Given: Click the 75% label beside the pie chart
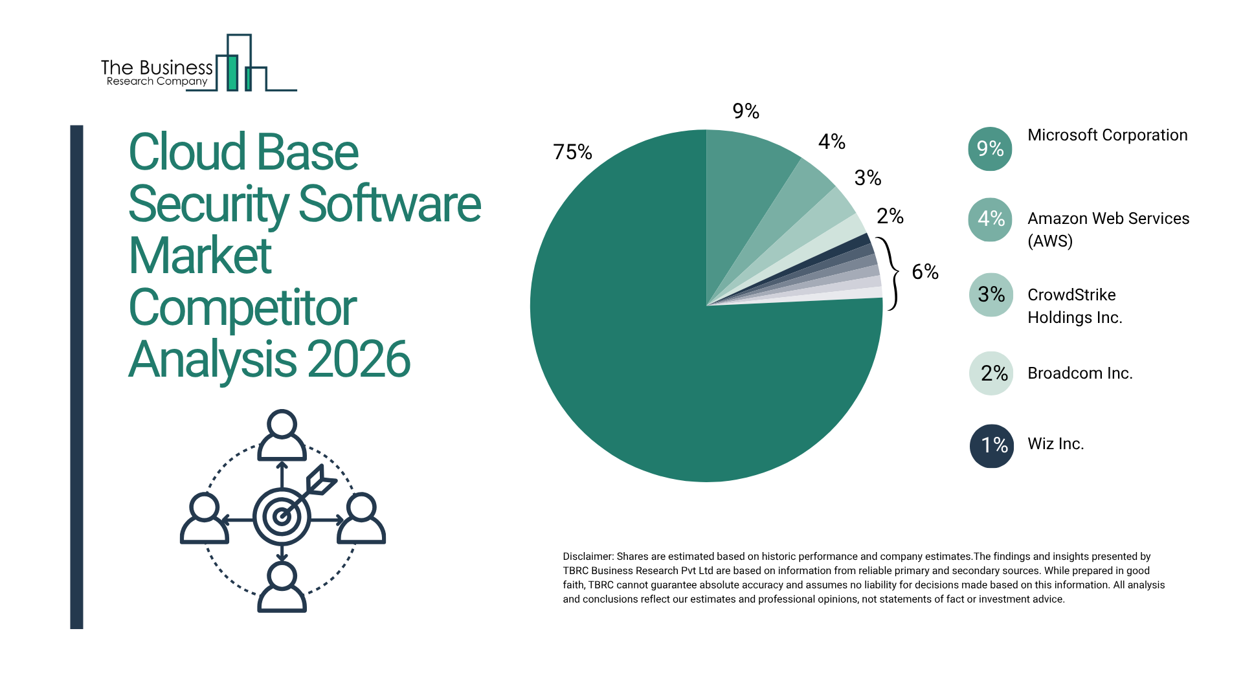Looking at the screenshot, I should (x=572, y=152).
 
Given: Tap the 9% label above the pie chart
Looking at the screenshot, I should (x=746, y=111).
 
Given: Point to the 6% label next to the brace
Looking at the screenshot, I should (x=925, y=272).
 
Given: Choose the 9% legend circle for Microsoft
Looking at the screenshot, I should (x=990, y=149).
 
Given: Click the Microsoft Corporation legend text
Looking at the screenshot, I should (x=1107, y=135).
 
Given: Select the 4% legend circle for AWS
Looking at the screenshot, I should (x=990, y=219).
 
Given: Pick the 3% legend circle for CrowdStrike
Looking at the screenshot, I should (x=991, y=295).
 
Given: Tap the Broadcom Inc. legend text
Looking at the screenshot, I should (x=1080, y=373).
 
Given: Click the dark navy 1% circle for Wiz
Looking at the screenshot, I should (x=991, y=445).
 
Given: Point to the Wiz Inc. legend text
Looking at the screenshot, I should (x=1055, y=444).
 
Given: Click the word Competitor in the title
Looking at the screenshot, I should (x=243, y=308).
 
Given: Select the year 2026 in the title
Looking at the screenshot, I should (x=359, y=360).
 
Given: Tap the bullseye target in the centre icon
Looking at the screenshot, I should (x=282, y=516).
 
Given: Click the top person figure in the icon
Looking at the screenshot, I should (x=282, y=435).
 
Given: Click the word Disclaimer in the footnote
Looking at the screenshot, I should (x=587, y=557).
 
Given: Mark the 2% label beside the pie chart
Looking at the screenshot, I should (x=890, y=216).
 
